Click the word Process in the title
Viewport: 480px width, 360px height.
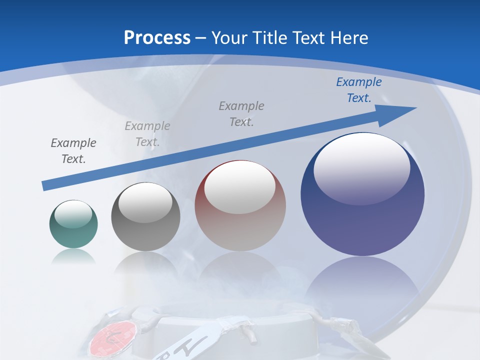[157, 38]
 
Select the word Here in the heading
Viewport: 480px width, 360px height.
[349, 38]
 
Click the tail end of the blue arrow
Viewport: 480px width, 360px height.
[45, 186]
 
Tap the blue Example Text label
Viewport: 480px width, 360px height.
[359, 90]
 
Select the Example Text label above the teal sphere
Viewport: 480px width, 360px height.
[73, 150]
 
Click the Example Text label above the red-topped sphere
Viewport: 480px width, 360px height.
[241, 113]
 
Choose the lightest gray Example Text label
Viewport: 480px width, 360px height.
[147, 134]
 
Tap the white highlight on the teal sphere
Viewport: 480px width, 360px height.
[73, 214]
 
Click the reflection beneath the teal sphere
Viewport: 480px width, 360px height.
[73, 256]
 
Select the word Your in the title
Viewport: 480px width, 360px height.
[228, 38]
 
